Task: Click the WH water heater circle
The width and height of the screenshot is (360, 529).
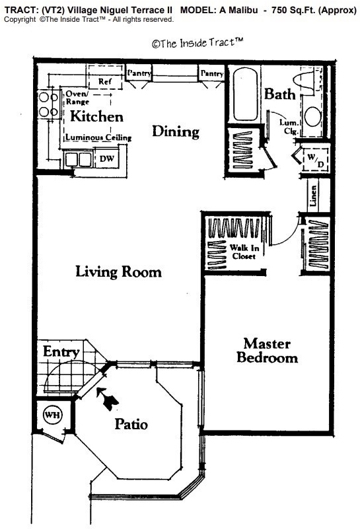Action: click(x=52, y=415)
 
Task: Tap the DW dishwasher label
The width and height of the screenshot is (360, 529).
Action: click(x=107, y=159)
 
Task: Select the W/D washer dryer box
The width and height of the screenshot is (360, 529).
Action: click(x=315, y=160)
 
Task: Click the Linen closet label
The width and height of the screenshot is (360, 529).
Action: click(x=313, y=196)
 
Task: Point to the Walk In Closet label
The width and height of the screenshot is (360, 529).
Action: click(x=244, y=252)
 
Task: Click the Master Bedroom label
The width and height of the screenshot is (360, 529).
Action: click(x=267, y=351)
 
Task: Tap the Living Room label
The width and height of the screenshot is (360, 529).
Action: click(x=118, y=271)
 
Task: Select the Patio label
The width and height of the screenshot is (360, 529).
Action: click(x=131, y=425)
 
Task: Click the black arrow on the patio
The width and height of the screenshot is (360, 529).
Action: click(x=107, y=399)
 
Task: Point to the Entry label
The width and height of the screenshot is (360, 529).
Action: click(x=61, y=352)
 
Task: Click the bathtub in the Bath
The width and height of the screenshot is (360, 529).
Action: click(x=244, y=94)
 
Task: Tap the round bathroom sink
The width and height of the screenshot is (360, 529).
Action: click(x=312, y=117)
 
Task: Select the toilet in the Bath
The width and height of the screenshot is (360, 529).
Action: click(x=307, y=81)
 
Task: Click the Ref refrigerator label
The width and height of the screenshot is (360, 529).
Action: click(x=105, y=81)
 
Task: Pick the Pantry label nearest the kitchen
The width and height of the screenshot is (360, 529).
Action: click(x=139, y=73)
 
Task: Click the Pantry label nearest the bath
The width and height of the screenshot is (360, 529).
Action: click(x=212, y=73)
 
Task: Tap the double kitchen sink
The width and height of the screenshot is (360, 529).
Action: click(x=79, y=160)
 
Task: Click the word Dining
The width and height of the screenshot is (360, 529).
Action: click(x=176, y=131)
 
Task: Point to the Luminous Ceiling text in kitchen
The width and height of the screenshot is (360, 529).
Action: click(x=98, y=137)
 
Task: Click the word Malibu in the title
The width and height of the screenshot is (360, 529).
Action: click(x=242, y=10)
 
